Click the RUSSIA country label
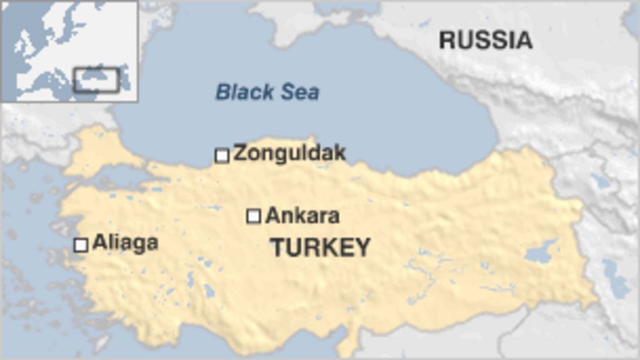point(486,40)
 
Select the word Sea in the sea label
point(299,92)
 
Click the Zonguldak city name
point(289,153)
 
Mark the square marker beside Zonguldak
point(222,155)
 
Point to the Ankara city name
point(302,216)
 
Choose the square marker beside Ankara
point(253,216)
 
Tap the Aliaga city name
point(125,242)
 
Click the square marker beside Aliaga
point(81,244)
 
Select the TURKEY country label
point(320,247)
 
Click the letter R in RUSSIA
point(447,40)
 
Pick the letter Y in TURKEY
point(362,247)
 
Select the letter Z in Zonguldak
point(239,153)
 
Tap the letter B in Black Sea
point(222,92)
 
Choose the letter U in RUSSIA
point(465,40)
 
